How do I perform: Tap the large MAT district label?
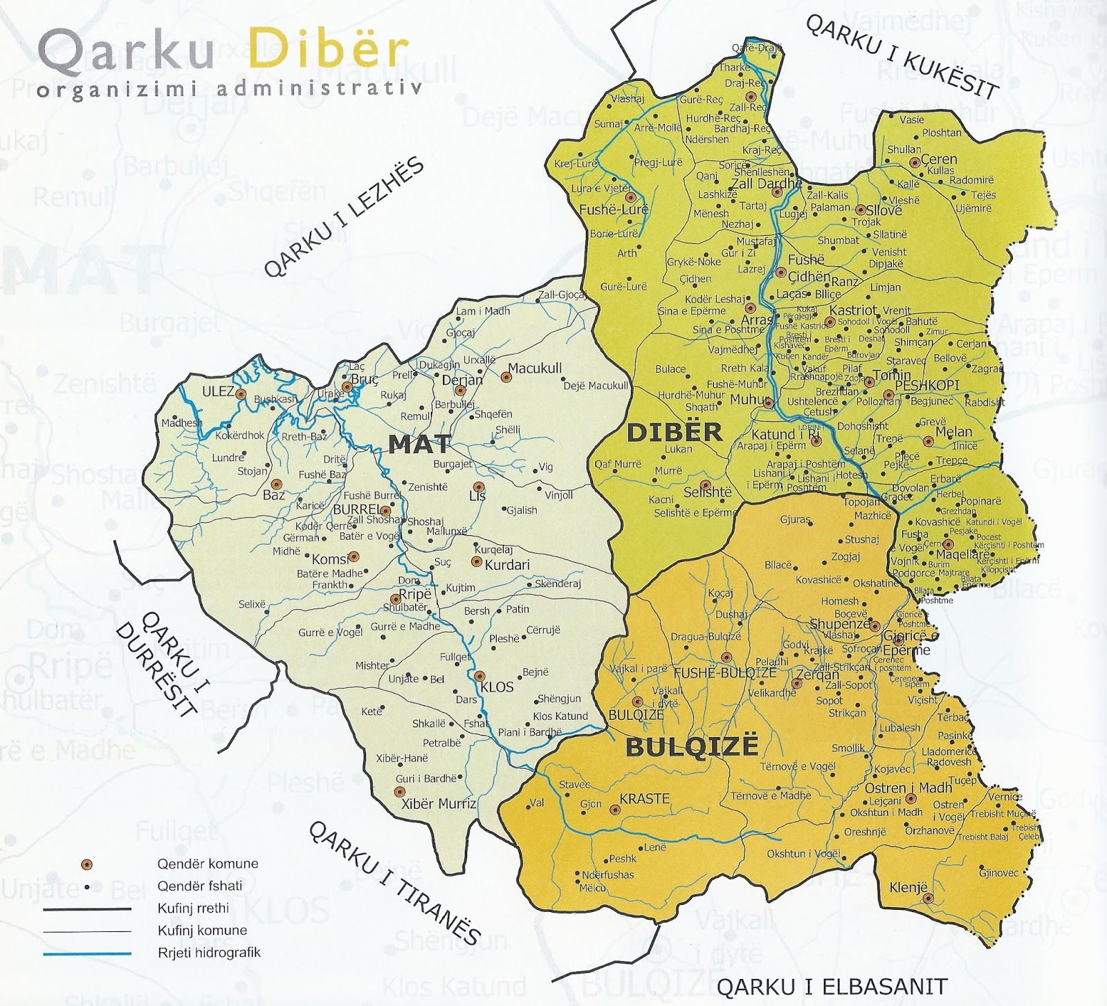[420, 444]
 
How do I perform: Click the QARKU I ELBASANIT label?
[832, 987]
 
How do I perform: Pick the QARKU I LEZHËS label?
[343, 218]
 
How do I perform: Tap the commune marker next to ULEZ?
[241, 394]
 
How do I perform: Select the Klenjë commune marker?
[928, 898]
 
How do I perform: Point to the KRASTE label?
[644, 799]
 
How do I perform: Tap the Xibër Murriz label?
[439, 804]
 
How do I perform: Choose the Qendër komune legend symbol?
[86, 864]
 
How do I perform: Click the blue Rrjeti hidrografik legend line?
[86, 953]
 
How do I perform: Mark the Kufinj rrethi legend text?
[192, 909]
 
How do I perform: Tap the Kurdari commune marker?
[476, 562]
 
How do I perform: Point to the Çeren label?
[939, 160]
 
